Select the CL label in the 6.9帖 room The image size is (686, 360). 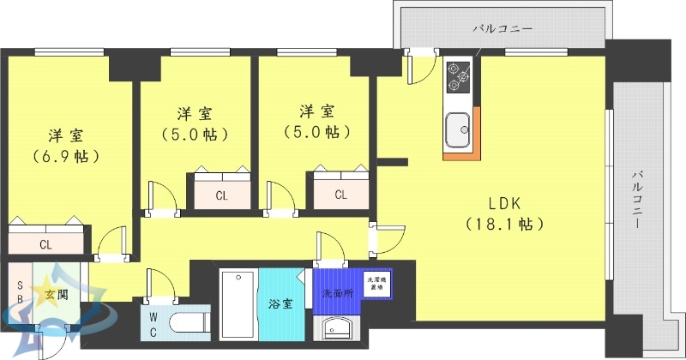45,244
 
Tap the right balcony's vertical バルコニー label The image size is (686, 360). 638,198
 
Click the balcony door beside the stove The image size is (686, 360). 420,64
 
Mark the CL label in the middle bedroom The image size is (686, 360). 221,195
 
